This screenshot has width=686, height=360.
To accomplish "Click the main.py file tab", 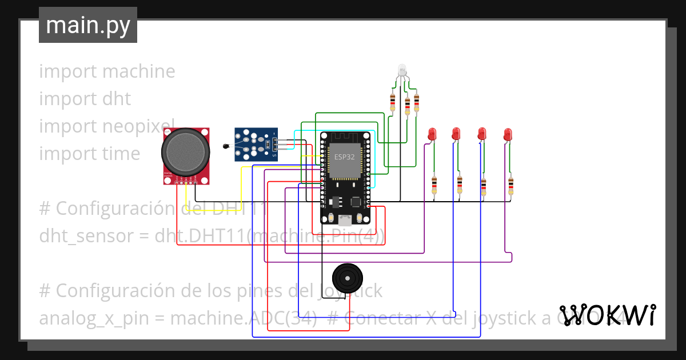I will [x=87, y=25].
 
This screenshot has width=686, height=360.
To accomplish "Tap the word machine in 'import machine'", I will [x=138, y=71].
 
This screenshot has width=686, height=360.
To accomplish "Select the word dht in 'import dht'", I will [x=117, y=99].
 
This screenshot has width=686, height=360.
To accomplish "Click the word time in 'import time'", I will [x=121, y=154].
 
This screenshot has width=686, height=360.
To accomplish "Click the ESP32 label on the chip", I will [x=344, y=156].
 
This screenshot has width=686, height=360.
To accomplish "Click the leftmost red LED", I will [x=432, y=134].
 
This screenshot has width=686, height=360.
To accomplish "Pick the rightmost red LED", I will [x=508, y=135].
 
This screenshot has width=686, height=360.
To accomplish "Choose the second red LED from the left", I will [x=456, y=134].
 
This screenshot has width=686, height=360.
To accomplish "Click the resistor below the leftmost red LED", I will [x=434, y=185].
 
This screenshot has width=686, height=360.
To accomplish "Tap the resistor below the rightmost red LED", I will [x=510, y=185].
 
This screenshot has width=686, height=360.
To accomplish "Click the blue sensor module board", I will [x=256, y=144].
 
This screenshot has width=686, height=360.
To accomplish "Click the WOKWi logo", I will [x=607, y=315].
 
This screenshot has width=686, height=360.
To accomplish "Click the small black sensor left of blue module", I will [x=225, y=148].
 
